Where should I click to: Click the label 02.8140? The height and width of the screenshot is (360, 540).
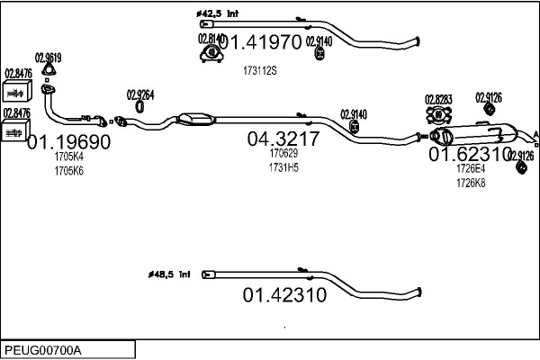tap(210, 39)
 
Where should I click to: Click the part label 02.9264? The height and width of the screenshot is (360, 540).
tap(140, 94)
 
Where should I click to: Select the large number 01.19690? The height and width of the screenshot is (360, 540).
tap(68, 142)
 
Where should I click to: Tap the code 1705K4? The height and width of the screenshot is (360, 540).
tap(68, 157)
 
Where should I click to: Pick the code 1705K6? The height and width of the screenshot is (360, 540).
tap(68, 170)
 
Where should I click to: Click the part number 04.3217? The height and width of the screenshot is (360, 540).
tap(283, 139)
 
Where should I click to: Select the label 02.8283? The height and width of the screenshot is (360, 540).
tap(438, 99)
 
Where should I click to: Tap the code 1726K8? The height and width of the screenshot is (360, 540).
tap(470, 182)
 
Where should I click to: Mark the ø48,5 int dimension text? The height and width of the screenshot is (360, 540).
tap(169, 274)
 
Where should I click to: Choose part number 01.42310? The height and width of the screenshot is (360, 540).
tap(283, 295)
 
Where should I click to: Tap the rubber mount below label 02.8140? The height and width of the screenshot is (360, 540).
tap(211, 56)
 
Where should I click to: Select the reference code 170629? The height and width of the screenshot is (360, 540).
tap(283, 153)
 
